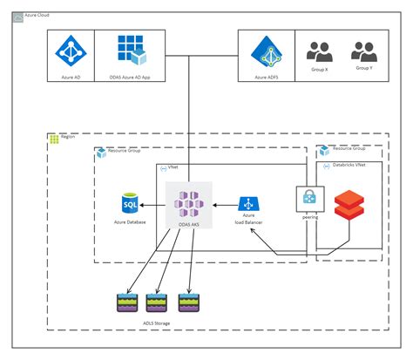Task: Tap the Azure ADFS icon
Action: click(266, 52)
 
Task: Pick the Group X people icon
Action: click(321, 51)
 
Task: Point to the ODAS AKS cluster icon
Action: click(189, 205)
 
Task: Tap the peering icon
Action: click(308, 198)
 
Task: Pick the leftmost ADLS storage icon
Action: click(128, 302)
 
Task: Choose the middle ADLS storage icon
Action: click(158, 302)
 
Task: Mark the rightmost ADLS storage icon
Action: click(189, 302)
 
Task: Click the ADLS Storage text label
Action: click(158, 323)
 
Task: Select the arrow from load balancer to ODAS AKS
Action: click(222, 206)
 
